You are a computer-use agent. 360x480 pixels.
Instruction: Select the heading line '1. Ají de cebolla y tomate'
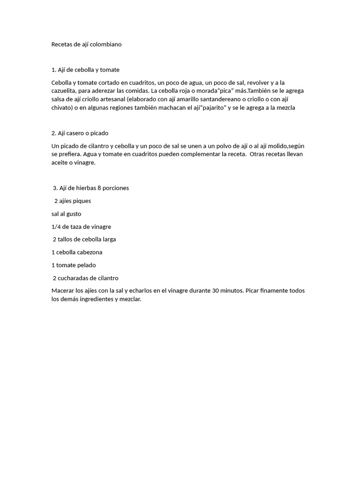tap(85, 70)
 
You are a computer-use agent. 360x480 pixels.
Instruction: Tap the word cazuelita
tap(66, 91)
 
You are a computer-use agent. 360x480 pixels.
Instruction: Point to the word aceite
tap(61, 163)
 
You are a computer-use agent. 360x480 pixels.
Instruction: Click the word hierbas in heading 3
tap(85, 188)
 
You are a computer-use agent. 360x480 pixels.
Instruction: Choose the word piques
tap(81, 201)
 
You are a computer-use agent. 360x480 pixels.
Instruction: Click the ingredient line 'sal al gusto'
tap(66, 214)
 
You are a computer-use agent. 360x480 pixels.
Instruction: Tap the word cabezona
tap(90, 252)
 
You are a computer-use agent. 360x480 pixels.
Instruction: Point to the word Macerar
tap(63, 291)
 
